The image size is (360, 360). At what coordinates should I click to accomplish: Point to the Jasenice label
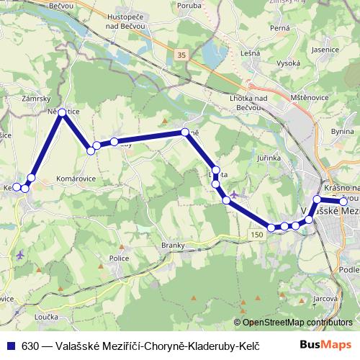pyautogui.click(x=325, y=50)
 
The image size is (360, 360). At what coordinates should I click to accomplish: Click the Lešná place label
pyautogui.click(x=251, y=53)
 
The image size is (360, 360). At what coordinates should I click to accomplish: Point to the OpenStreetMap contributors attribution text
pyautogui.click(x=297, y=323)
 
